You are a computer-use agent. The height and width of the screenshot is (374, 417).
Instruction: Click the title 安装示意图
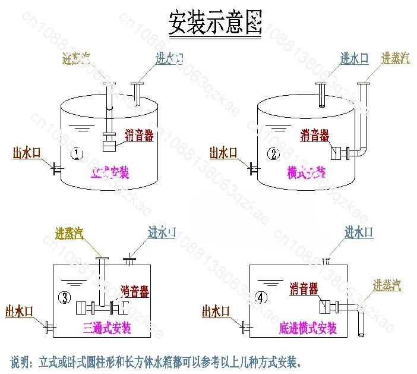tap(214, 23)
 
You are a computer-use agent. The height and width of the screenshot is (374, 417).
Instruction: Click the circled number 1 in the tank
tap(76, 155)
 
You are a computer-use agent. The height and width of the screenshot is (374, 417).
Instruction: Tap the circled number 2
tap(273, 155)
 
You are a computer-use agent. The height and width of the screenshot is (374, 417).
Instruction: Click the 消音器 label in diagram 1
tap(140, 136)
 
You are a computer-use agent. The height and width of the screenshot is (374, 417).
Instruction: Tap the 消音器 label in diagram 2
tap(315, 136)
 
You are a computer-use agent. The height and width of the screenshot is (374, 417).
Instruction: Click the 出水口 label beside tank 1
tap(27, 153)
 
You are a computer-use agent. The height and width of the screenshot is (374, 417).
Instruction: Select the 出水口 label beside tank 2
tap(223, 153)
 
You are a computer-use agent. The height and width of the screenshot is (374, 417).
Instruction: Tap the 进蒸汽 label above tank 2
tap(396, 58)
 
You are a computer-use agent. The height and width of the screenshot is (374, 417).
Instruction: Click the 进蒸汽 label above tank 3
tap(69, 233)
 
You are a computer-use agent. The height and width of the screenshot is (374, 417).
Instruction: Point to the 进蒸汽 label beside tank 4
tap(387, 285)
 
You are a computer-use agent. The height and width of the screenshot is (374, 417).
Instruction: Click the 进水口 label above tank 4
tap(359, 232)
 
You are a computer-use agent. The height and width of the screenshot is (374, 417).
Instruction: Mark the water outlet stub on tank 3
tap(49, 326)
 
